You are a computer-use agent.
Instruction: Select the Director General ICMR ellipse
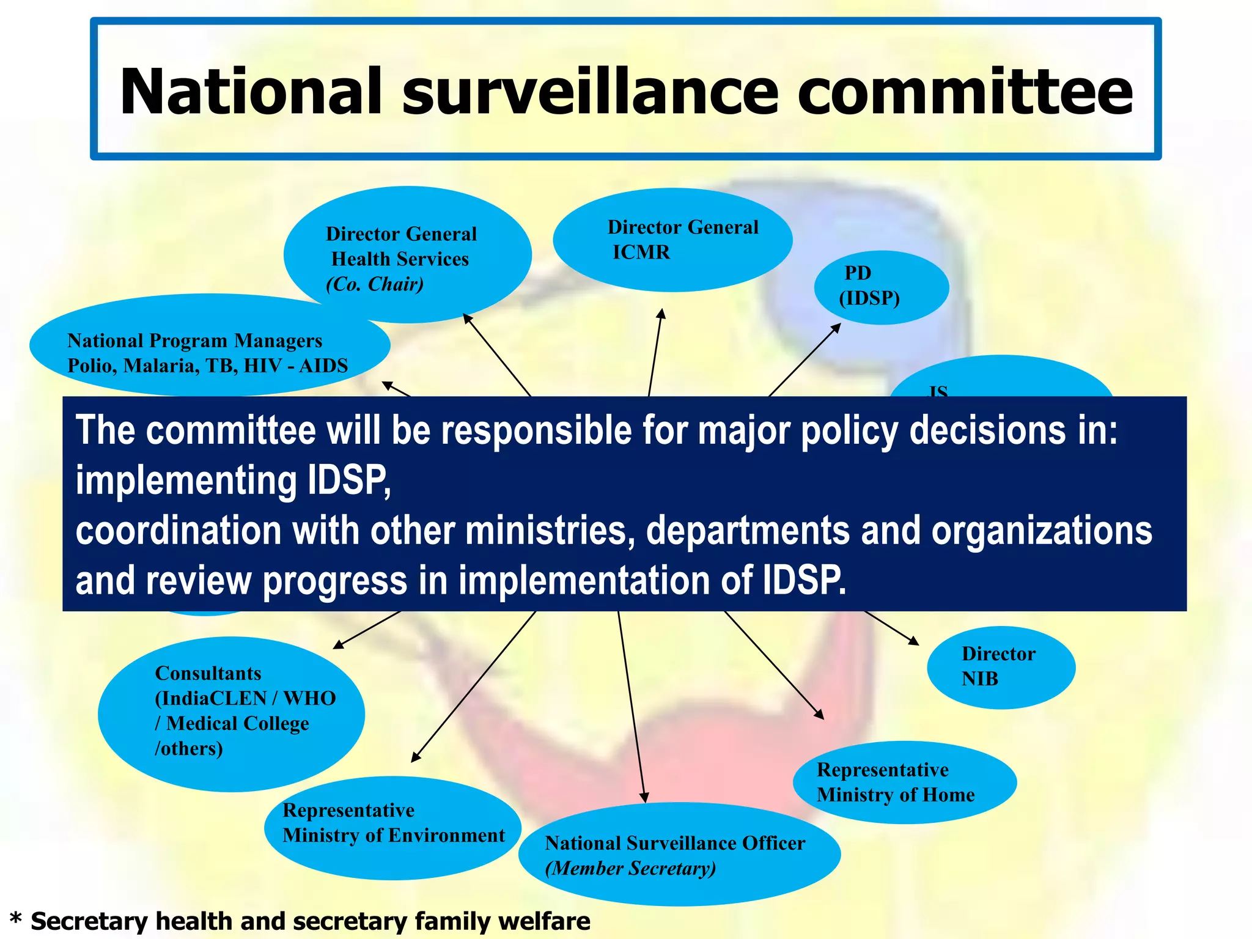672,240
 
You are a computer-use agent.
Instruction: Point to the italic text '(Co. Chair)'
375,284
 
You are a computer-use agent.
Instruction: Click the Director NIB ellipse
1000,667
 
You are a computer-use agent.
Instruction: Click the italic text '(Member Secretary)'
630,868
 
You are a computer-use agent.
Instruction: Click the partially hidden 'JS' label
938,391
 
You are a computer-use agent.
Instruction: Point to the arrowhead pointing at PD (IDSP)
836,328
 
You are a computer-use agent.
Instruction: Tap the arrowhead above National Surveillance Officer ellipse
644,797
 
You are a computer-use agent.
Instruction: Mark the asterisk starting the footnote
16,920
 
